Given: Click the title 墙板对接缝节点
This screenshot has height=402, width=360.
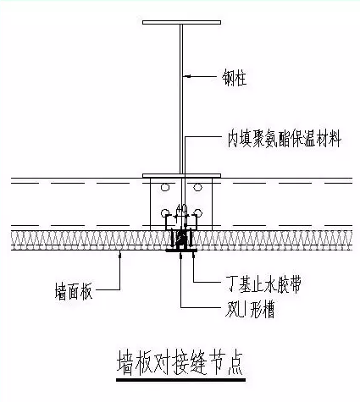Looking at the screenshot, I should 179,365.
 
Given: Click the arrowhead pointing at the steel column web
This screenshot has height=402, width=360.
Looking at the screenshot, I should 186,78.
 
